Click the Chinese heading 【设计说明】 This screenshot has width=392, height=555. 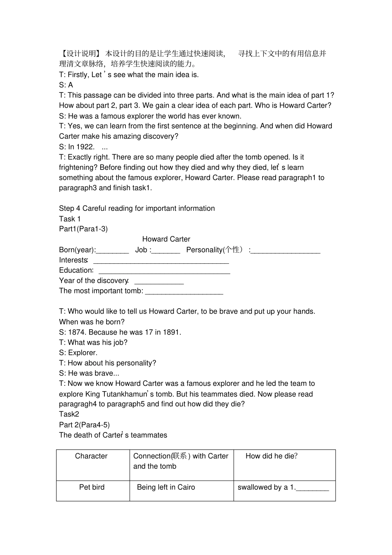coord(80,53)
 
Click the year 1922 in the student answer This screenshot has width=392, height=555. coord(85,147)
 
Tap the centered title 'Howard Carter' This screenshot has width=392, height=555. coord(166,239)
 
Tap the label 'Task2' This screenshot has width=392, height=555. coord(69,414)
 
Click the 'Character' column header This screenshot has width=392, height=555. coord(91,456)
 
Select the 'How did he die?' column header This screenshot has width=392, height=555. coord(272,456)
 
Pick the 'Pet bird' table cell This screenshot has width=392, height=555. coord(92,487)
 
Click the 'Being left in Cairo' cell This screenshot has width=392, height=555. coord(166,487)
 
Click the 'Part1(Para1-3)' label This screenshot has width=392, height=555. coord(83,229)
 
